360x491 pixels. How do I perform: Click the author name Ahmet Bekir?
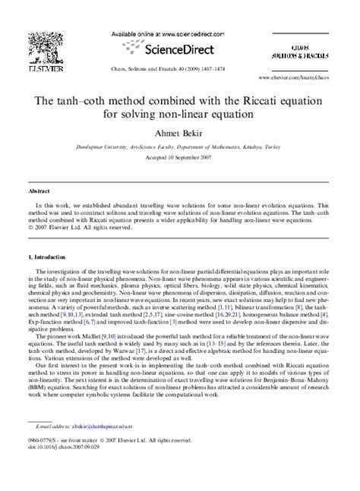point(181,134)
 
